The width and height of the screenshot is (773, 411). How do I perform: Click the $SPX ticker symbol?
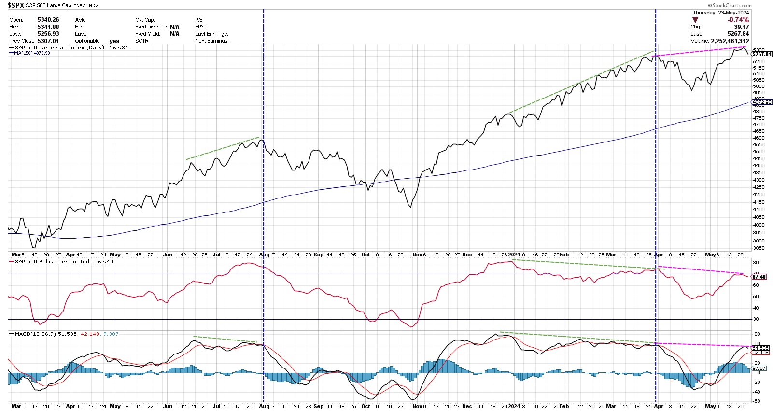pos(16,5)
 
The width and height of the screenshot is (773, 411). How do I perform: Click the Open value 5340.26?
pos(48,20)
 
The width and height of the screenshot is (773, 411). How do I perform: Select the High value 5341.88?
pos(48,27)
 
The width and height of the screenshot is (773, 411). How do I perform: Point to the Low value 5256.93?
pos(48,34)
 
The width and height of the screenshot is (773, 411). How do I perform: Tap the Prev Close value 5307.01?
pos(48,41)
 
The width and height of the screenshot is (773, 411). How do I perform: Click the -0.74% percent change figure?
pos(738,20)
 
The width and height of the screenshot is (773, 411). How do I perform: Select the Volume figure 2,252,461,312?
pos(730,41)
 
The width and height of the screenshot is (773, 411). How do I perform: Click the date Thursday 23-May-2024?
pos(721,13)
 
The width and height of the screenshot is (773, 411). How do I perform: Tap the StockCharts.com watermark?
pos(730,5)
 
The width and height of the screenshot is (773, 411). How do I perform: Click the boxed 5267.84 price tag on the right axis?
pos(762,55)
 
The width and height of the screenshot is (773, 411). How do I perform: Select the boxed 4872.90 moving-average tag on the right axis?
pos(762,102)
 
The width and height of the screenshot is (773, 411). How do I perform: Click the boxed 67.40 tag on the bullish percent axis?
pos(759,277)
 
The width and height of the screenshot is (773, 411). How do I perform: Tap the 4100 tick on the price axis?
pos(759,210)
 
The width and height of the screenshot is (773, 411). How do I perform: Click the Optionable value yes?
pos(114,41)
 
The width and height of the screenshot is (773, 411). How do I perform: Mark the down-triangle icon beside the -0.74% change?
pos(695,20)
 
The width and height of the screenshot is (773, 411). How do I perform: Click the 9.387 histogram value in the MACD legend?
pos(111,334)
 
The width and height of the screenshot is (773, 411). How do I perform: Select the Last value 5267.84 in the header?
pos(738,34)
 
